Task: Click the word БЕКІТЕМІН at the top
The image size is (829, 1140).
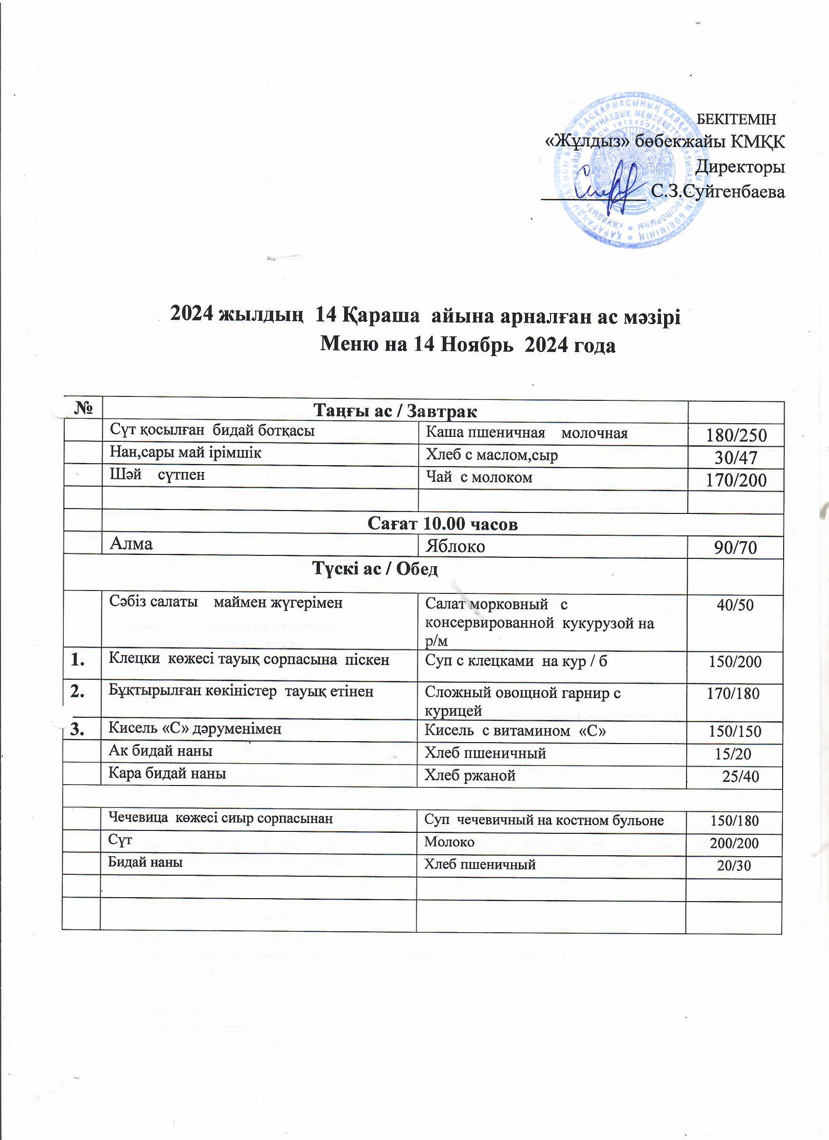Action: (x=737, y=119)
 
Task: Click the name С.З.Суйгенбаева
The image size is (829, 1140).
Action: (x=717, y=192)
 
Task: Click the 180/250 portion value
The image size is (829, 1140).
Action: (x=736, y=435)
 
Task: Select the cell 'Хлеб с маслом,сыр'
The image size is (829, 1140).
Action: (x=492, y=455)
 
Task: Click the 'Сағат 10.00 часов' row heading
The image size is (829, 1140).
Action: (x=442, y=524)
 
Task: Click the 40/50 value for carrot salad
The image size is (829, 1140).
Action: (x=735, y=605)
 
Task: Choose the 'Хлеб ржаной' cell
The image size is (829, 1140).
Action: (x=470, y=776)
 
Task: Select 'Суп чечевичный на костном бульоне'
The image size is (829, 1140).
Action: (x=544, y=821)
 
